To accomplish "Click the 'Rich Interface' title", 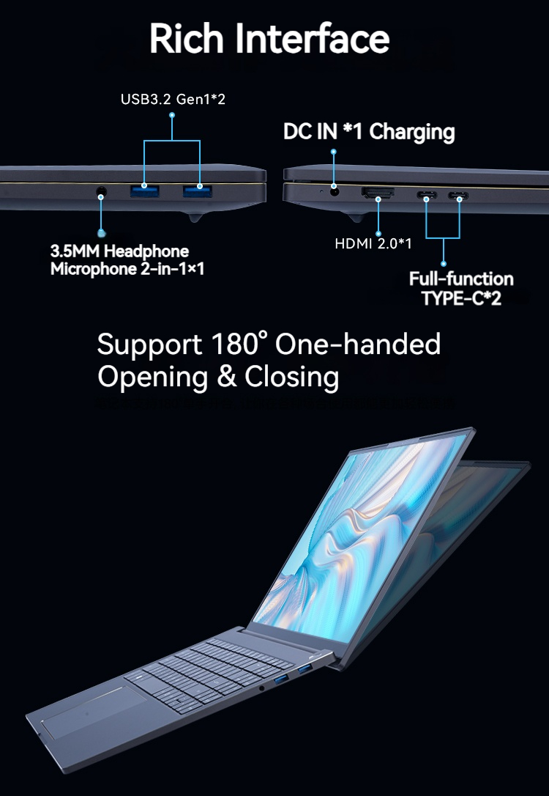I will (269, 38).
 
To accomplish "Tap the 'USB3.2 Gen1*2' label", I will (173, 98).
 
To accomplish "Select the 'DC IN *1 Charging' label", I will (369, 132).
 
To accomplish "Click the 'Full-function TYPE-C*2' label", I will (461, 289).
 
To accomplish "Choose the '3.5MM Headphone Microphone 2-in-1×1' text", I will (127, 261).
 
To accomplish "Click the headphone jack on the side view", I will (101, 193).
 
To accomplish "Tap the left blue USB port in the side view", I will (144, 192).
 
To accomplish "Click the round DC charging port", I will (335, 192).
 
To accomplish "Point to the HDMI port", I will (378, 194).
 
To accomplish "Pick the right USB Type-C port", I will (460, 196).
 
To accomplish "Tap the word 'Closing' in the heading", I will (291, 377).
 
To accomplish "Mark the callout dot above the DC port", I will (334, 152).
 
